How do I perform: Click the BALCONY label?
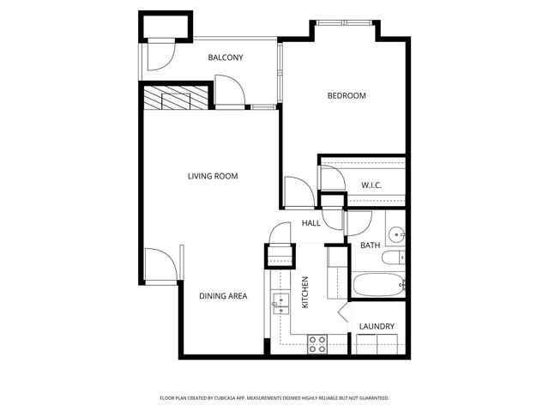tap(226, 58)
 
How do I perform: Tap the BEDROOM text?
tap(347, 95)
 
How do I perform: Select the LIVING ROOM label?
tap(213, 177)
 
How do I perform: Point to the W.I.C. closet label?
tap(371, 185)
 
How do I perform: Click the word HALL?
tap(311, 224)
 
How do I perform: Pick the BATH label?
tap(370, 246)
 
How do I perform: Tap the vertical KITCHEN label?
tap(305, 292)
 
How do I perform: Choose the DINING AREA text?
tap(223, 296)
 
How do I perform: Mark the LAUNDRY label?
tap(377, 326)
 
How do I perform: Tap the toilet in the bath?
tap(395, 257)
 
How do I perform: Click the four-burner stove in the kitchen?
tap(317, 344)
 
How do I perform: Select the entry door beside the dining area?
tap(161, 263)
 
